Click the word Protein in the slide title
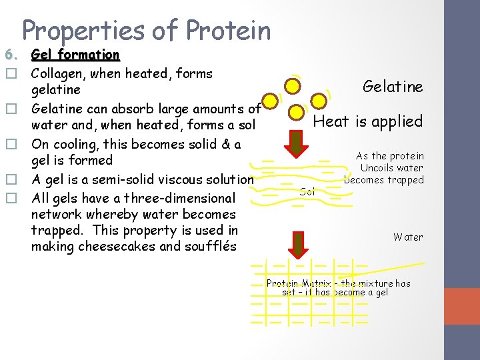click(x=229, y=31)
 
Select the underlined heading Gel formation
click(x=75, y=55)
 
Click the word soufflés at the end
click(x=209, y=246)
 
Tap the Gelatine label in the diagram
click(x=393, y=87)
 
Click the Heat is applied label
click(x=368, y=121)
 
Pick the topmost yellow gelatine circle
click(x=291, y=85)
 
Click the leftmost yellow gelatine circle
click(x=269, y=102)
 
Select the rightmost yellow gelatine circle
click(x=319, y=101)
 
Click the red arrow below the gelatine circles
click(x=295, y=143)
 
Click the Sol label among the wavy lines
click(x=307, y=191)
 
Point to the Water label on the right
click(x=407, y=237)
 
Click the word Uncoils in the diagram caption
click(x=377, y=168)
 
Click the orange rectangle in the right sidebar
click(x=461, y=306)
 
